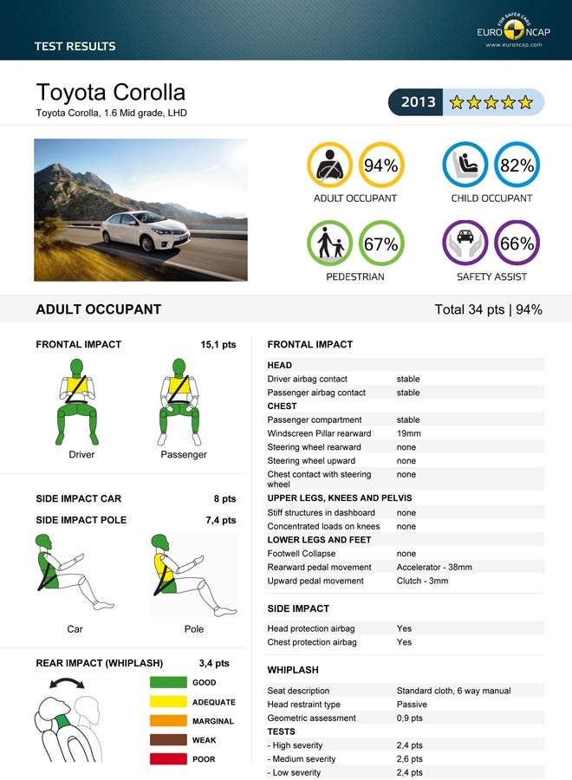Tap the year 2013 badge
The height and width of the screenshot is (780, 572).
tap(418, 102)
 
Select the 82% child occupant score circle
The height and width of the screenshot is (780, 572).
tap(517, 165)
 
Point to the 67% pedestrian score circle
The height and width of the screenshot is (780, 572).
tap(380, 244)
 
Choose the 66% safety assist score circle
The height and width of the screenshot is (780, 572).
tap(517, 244)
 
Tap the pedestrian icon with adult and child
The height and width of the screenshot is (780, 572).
tap(330, 244)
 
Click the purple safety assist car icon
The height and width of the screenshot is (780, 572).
tap(465, 243)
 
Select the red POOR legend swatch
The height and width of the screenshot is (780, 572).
tap(168, 759)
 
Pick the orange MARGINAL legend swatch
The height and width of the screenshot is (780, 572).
tap(168, 721)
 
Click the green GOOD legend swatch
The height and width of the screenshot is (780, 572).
tap(168, 683)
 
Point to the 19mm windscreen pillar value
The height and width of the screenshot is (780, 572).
tap(408, 433)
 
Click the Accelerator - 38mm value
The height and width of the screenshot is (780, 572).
tap(433, 567)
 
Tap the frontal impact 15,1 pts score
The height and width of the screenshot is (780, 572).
tap(218, 344)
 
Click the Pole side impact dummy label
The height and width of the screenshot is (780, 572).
tap(193, 628)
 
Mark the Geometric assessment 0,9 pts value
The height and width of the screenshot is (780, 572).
tap(409, 718)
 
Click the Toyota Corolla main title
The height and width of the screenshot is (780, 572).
tap(110, 93)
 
